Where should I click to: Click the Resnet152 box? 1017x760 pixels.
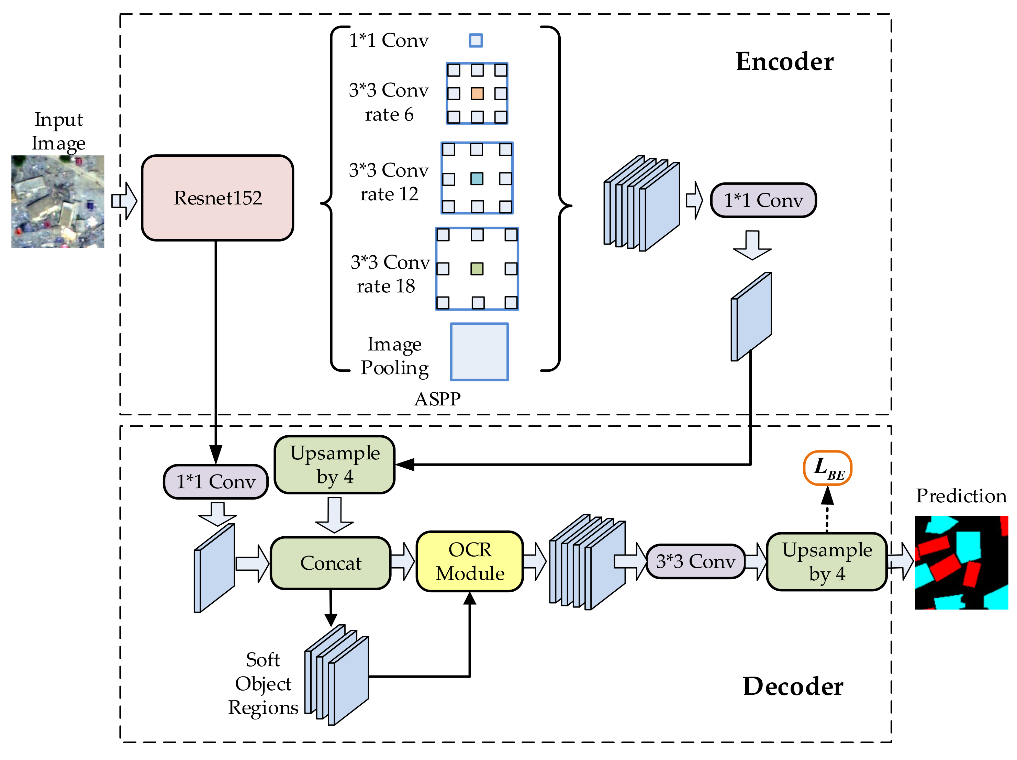pos(217,198)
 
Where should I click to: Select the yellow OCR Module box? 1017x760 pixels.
pos(469,561)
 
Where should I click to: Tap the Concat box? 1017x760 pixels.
pos(331,563)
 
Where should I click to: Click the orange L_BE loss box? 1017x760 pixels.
pos(827,468)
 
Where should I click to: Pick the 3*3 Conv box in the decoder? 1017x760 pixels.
pos(695,561)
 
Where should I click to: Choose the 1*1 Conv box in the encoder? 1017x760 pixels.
pos(763,200)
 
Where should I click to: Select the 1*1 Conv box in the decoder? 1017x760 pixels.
pos(216,481)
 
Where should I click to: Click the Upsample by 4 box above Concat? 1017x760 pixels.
pos(335,465)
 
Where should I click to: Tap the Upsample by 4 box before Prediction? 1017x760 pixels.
pos(827,561)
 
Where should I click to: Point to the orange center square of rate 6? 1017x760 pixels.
pos(477,94)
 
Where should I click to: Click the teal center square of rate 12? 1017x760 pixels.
pos(477,178)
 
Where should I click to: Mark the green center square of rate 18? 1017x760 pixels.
pos(477,268)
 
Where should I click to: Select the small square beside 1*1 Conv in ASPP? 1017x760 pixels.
pos(476,41)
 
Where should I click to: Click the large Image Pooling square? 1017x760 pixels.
pos(479,352)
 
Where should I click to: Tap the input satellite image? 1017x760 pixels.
pos(58,202)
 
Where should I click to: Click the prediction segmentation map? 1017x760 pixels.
pos(961,562)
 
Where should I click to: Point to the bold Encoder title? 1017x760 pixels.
pos(784,62)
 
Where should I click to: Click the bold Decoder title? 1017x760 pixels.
pos(793,686)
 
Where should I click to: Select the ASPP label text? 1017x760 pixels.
pos(437,399)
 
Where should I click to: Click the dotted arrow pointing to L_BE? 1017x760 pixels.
pos(827,513)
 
